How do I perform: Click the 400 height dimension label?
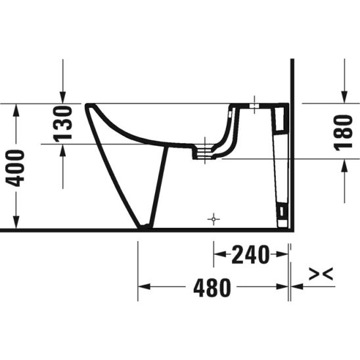click(15, 168)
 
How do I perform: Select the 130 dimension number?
click(62, 124)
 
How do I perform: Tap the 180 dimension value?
click(343, 133)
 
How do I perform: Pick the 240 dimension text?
click(250, 254)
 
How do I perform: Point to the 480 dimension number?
click(212, 288)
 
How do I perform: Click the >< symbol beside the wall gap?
click(321, 274)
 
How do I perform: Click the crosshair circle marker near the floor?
click(214, 219)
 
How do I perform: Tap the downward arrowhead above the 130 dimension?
click(62, 98)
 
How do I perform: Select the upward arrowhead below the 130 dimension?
click(62, 150)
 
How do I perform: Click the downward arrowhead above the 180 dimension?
click(344, 97)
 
